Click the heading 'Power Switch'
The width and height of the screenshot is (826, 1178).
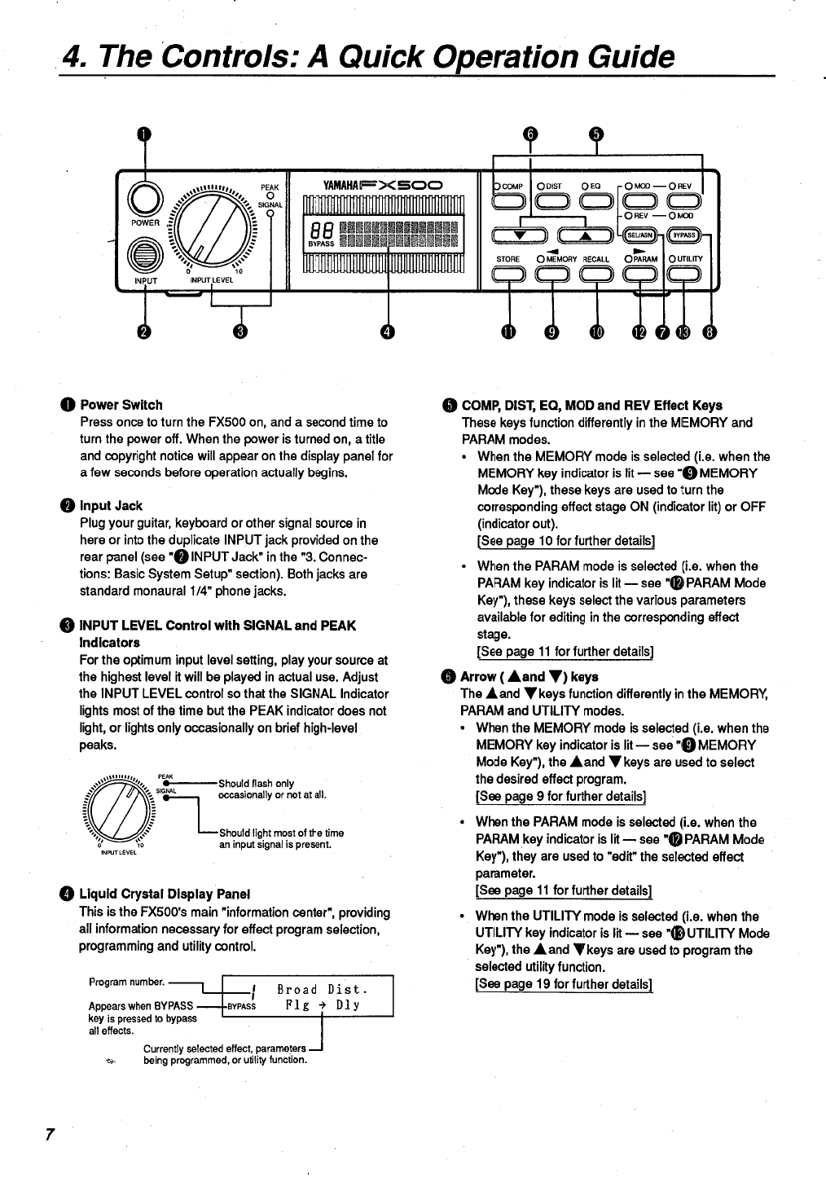(x=121, y=405)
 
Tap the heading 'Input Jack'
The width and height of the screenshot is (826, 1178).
(x=111, y=506)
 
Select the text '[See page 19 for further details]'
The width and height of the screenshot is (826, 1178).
(x=564, y=984)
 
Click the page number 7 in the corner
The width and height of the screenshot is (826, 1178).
(x=50, y=1135)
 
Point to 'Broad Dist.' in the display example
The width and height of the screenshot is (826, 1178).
(x=323, y=991)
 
